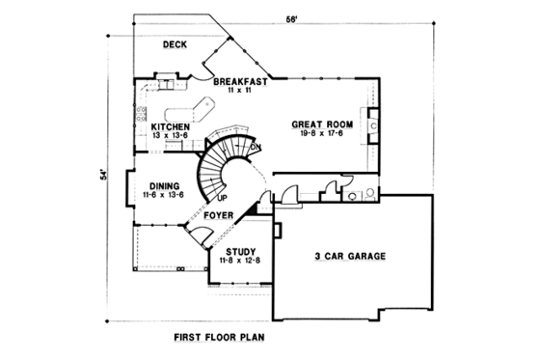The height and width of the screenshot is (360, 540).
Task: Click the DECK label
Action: click(x=175, y=44)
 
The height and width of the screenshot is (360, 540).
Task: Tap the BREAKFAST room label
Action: click(x=240, y=81)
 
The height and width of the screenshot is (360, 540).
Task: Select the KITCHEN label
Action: click(x=170, y=125)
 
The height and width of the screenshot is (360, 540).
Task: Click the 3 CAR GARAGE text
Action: click(x=350, y=257)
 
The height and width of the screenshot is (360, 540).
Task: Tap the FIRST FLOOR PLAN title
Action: click(x=220, y=338)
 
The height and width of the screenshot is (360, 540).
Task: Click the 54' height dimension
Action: click(x=99, y=178)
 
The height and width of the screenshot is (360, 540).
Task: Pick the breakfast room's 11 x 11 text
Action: click(x=240, y=91)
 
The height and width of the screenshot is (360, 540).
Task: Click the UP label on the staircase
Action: click(x=222, y=199)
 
